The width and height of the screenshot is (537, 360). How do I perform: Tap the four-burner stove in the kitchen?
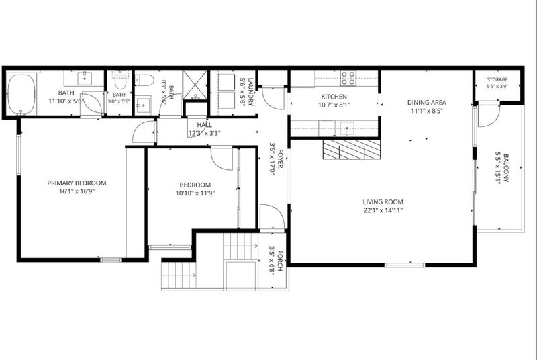348,78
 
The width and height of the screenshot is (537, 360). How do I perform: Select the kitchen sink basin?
348,128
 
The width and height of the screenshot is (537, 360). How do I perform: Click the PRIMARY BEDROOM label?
77,183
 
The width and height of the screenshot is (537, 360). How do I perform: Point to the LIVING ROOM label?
383,202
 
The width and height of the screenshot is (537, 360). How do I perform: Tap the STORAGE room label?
497,79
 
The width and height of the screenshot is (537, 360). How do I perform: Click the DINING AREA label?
427,102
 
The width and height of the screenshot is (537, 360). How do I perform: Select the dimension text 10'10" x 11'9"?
195,193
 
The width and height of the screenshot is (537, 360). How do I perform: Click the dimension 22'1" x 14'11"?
383,210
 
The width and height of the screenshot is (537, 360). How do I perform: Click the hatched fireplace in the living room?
351,149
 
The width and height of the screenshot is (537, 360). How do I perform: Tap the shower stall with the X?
195,85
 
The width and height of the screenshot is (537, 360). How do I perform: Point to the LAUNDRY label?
251,92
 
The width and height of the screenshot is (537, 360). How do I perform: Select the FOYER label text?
280,159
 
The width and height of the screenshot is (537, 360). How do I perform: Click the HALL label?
205,125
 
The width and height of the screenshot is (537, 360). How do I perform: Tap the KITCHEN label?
334,97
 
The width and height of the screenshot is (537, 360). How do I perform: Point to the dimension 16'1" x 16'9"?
77,191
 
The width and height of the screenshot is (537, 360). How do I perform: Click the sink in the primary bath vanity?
84,78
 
